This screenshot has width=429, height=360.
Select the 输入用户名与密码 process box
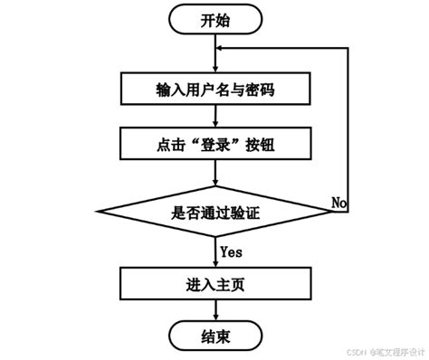(214, 90)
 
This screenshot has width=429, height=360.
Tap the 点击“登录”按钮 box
(214, 143)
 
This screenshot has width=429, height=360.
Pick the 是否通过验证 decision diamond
(214, 213)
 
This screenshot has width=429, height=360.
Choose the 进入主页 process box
(214, 284)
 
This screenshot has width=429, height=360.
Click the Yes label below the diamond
(231, 250)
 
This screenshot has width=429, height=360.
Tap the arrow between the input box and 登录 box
(214, 117)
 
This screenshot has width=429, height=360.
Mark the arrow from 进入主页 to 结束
(214, 311)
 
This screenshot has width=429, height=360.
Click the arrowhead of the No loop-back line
(222, 52)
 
